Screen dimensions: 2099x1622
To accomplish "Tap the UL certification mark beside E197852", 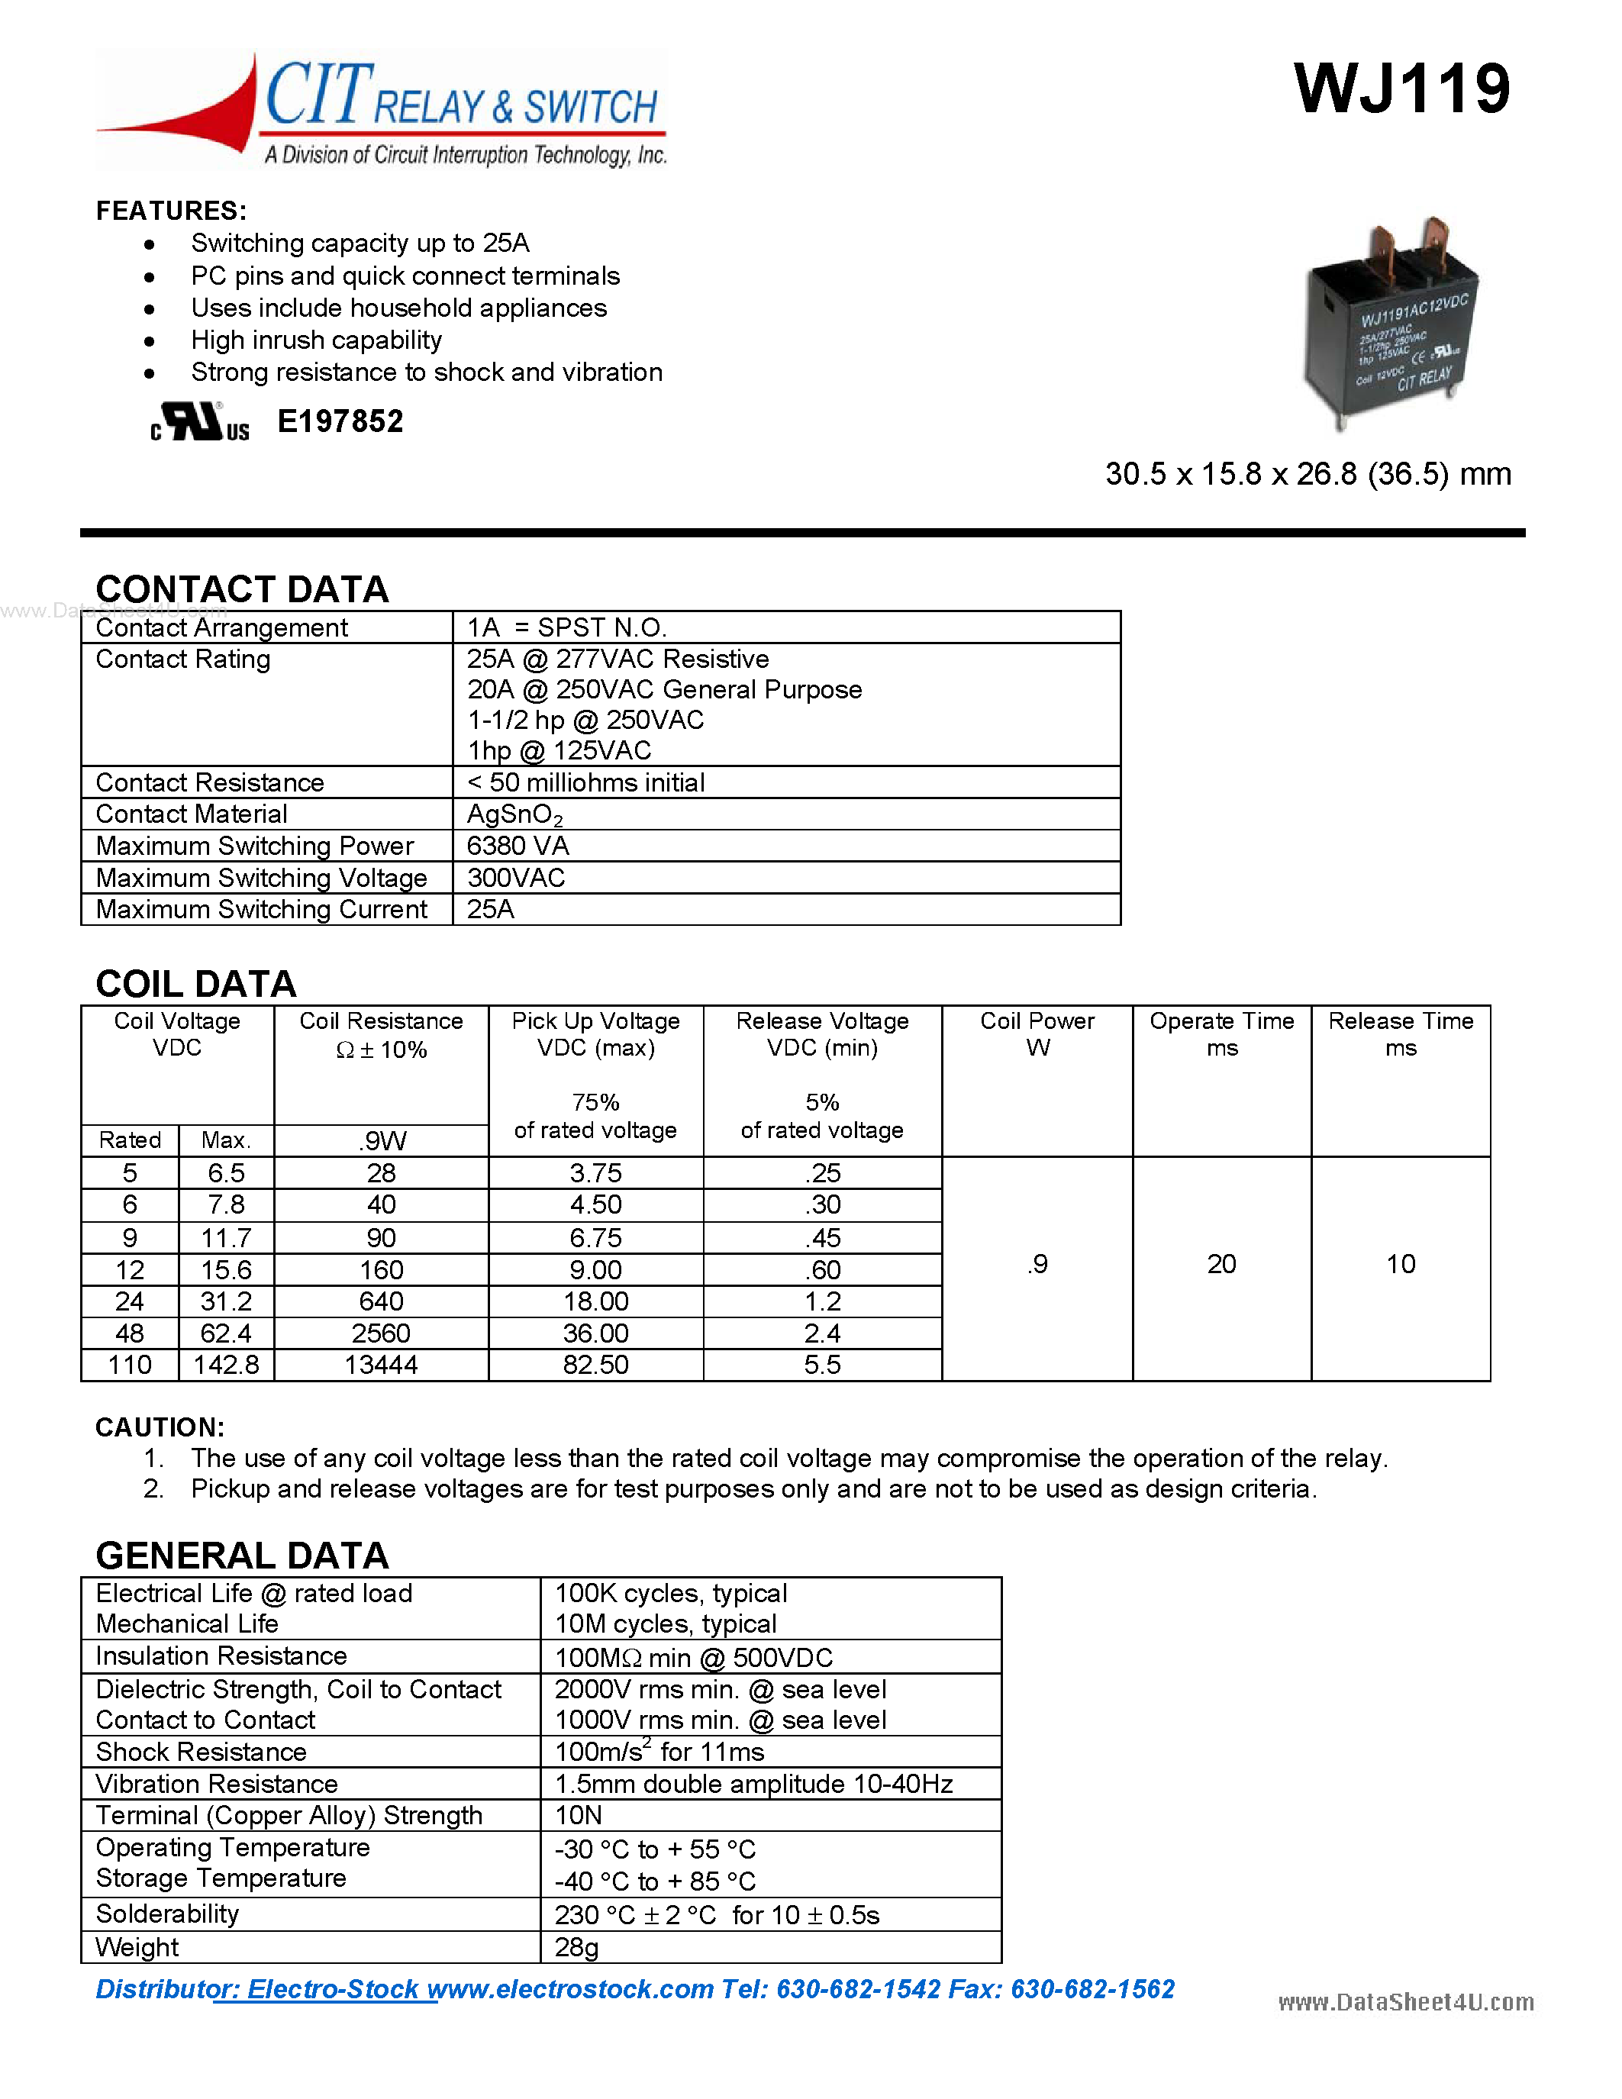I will point(199,422).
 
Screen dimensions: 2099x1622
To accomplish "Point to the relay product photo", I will point(1388,322).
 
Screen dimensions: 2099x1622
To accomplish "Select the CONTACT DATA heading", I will point(242,589).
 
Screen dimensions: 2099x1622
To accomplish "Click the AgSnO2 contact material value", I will point(514,814).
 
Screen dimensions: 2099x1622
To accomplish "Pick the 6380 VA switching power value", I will point(518,846).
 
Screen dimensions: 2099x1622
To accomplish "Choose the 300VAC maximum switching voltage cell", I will point(516,878).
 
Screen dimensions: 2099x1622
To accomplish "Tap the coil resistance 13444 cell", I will point(381,1365).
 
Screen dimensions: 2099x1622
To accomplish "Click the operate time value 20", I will point(1221,1264).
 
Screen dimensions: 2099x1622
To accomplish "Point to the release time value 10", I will point(1400,1264).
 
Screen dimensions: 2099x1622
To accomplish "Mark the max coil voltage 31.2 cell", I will point(226,1301).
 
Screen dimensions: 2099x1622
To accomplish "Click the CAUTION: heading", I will point(160,1427).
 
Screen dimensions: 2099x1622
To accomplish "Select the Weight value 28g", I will point(576,1947).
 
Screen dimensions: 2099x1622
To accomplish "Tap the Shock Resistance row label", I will point(201,1751).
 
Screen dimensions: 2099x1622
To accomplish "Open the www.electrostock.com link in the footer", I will point(571,1988).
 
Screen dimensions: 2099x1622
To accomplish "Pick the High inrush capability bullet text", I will point(316,340).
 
